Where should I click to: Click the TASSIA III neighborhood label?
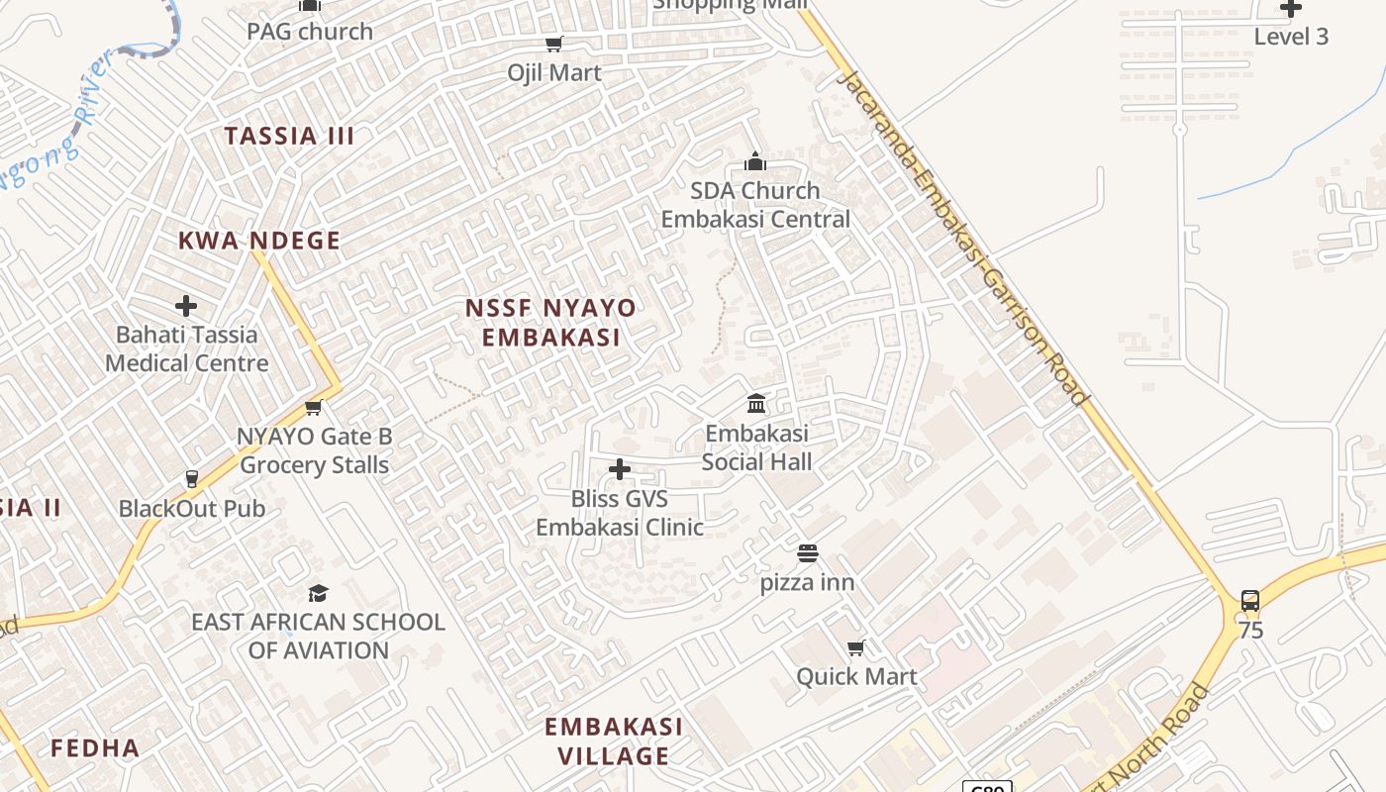[289, 136]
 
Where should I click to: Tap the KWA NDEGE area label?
[259, 241]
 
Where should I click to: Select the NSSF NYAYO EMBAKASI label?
[551, 323]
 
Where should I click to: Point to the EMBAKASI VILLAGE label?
[613, 742]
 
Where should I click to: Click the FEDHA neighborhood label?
[95, 747]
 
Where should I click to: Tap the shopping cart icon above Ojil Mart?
[554, 44]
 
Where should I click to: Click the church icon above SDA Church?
[755, 161]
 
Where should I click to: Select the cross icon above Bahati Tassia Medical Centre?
[186, 306]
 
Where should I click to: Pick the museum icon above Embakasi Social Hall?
[756, 404]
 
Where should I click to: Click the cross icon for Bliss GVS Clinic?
[620, 469]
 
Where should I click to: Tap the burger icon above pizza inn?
[808, 553]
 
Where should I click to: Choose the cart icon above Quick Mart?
[856, 647]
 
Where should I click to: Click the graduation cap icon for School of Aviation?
[318, 593]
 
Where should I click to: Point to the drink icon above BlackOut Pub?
[192, 479]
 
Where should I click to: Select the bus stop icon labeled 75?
[1250, 601]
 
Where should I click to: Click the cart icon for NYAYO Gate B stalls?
[314, 407]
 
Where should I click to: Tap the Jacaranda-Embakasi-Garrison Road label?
[962, 238]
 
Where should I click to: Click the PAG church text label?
[310, 32]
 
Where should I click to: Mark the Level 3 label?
[1291, 37]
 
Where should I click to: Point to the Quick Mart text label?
[856, 677]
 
